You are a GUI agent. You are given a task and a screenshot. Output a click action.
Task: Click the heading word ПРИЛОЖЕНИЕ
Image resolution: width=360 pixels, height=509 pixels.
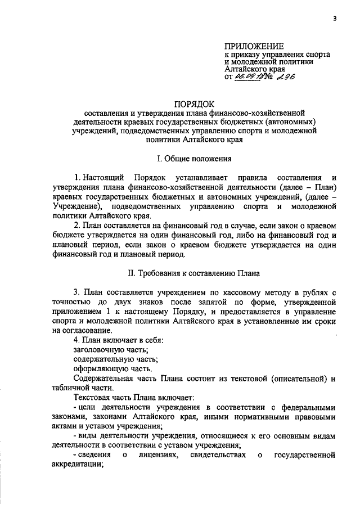(x=254, y=46)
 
